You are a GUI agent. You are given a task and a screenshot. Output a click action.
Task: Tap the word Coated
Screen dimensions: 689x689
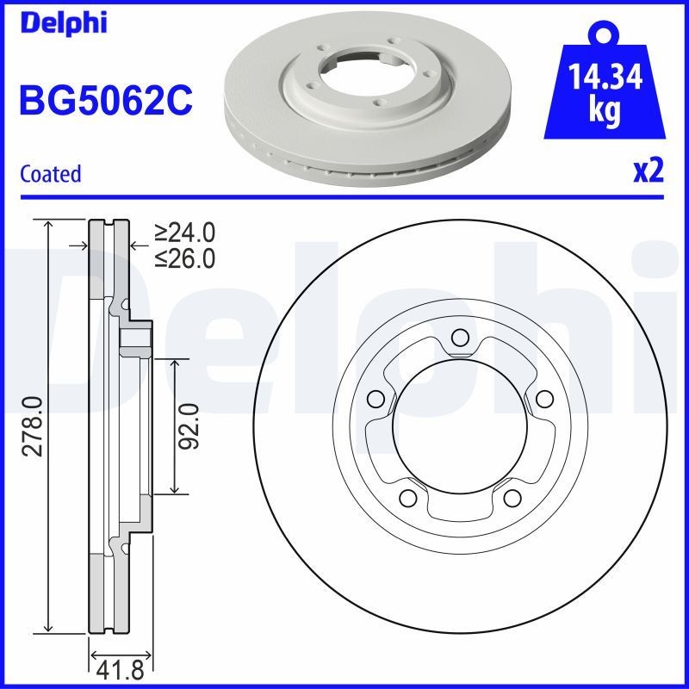[x=50, y=174]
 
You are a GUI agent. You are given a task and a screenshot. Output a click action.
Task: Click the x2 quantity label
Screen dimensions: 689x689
[x=648, y=172]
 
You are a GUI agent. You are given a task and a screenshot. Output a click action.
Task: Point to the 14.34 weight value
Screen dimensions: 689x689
[x=606, y=78]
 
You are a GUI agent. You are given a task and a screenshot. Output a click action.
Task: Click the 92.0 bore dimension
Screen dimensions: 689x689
[x=191, y=426]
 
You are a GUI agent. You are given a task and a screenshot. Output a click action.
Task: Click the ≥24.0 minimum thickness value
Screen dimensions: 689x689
[x=185, y=233]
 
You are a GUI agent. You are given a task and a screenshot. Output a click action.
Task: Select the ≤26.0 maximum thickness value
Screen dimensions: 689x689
[x=185, y=258]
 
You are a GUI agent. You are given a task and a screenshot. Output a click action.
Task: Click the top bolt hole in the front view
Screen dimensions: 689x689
[x=460, y=337]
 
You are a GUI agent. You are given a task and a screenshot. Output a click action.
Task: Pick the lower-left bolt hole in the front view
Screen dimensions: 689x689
[x=407, y=498]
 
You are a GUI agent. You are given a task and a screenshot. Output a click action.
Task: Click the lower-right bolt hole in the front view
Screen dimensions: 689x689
[x=512, y=498]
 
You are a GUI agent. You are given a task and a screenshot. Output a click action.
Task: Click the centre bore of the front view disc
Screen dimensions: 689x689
[x=460, y=426]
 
